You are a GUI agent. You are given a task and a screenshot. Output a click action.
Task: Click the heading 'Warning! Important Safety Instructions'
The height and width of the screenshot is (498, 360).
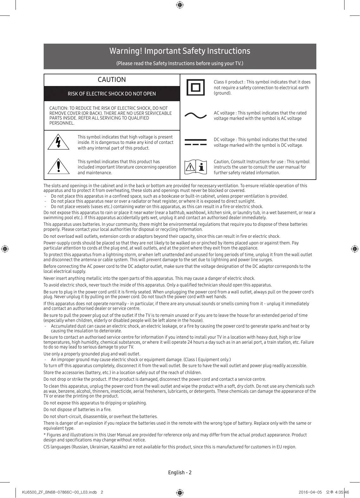[180, 51]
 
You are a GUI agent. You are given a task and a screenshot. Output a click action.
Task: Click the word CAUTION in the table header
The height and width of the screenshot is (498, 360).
[112, 80]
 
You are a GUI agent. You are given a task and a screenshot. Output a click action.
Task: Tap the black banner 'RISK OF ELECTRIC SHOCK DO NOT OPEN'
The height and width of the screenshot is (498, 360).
[112, 94]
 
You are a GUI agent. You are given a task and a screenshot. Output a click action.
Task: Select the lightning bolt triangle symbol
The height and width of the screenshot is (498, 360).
[59, 142]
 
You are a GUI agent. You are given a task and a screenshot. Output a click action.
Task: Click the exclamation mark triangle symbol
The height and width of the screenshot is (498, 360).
[59, 166]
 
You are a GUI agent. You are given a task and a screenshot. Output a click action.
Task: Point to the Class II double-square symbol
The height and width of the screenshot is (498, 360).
[196, 87]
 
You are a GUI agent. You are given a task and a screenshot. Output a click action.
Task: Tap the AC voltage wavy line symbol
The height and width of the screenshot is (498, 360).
[196, 115]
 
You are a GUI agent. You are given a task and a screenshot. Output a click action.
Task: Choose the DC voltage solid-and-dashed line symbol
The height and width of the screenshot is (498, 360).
[196, 142]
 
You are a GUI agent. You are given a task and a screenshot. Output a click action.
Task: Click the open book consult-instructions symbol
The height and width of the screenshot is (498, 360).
[196, 167]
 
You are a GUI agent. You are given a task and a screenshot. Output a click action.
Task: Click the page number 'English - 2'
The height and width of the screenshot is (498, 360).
[180, 472]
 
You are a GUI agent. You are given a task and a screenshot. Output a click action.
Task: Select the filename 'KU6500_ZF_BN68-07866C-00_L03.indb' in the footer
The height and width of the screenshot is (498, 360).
[59, 492]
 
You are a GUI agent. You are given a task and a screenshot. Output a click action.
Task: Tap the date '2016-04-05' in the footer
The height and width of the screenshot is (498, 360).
[310, 492]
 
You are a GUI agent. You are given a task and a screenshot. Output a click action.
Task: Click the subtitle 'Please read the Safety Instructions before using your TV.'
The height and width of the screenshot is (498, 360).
[180, 63]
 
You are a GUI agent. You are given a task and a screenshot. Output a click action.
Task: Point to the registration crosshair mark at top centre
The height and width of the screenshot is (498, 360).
[180, 5]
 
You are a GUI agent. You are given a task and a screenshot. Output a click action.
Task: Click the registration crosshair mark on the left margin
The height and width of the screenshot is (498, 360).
[5, 249]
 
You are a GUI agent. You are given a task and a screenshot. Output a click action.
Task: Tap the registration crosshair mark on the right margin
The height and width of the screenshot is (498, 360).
[355, 249]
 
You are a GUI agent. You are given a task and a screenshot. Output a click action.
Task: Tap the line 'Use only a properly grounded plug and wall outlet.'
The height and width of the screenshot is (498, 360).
[92, 354]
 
